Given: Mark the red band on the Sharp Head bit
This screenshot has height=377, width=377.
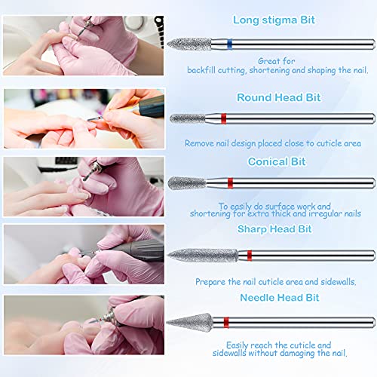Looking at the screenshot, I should (249, 255).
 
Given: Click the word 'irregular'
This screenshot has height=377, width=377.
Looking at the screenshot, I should (315, 214).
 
